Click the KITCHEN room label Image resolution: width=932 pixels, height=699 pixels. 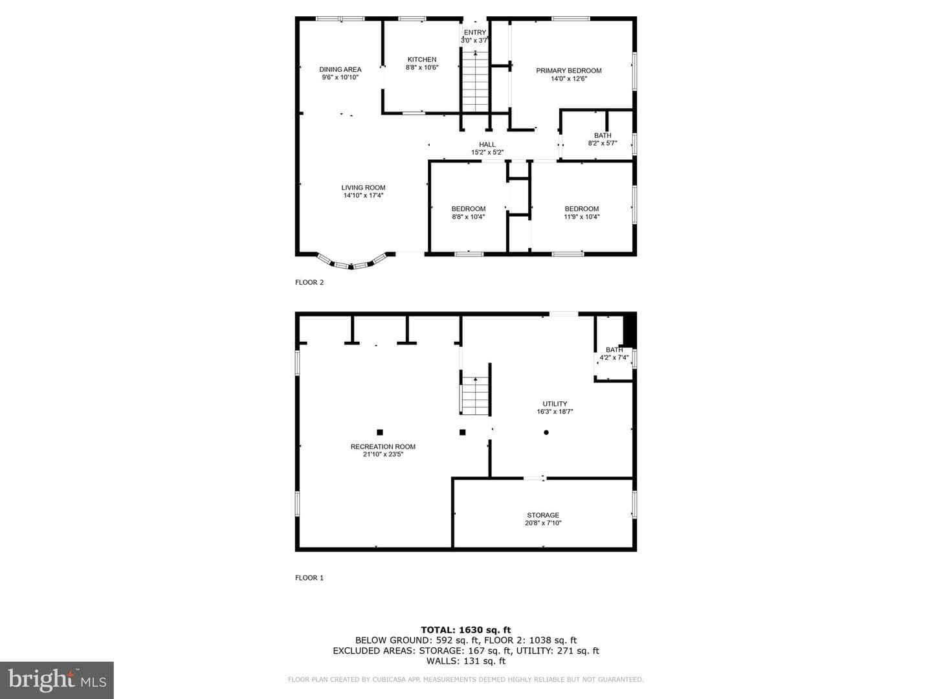pos(421,60)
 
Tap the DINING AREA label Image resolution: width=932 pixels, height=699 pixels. pos(340,70)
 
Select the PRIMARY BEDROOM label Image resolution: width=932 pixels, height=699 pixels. pos(568,71)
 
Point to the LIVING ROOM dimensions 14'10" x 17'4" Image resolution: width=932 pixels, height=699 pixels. pos(363,195)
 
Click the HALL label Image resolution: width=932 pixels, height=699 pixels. pos(487,145)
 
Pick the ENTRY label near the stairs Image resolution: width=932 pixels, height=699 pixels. pos(474,32)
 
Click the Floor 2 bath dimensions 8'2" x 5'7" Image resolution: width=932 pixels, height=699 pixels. pos(602,144)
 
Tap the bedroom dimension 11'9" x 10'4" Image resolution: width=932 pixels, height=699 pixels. pos(581,217)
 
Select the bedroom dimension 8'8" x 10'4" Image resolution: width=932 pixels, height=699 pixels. pos(469,217)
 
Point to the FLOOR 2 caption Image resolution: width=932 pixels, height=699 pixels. pos(309,282)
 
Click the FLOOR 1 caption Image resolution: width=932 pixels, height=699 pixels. pos(309,577)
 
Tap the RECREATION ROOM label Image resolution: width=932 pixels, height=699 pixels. pos(383,447)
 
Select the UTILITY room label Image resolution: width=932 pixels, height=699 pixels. pos(555,404)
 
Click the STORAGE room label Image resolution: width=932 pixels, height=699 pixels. pos(543,515)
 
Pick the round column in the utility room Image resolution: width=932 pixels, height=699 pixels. pos(546,432)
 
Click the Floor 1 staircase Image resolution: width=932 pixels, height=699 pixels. pos(475,396)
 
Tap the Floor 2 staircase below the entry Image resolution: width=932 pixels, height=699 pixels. pos(475,82)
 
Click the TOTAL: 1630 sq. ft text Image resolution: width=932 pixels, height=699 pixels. pos(466,630)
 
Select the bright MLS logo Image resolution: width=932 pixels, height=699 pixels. pos(57,680)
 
